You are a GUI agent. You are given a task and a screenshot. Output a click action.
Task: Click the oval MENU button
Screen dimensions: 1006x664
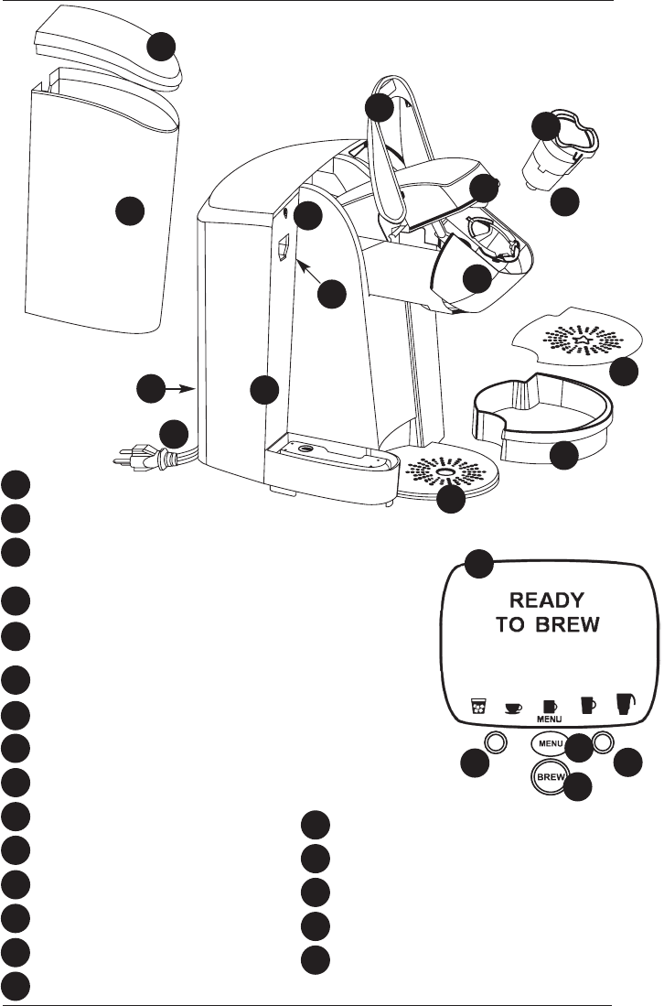coord(550,743)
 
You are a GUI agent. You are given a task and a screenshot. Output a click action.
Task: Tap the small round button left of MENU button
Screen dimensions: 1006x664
coord(495,742)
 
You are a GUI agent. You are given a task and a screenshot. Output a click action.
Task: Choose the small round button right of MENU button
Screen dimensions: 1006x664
coord(602,742)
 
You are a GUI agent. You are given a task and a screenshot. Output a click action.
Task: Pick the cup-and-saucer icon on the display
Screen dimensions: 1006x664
coord(513,708)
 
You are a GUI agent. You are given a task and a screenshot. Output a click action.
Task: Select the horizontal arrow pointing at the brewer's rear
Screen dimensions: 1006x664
coord(182,387)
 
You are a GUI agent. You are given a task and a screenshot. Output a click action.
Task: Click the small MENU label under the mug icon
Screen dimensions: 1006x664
coord(549,719)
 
